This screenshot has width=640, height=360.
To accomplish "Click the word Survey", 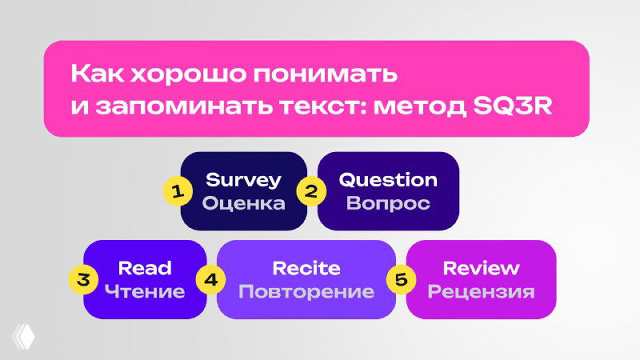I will tap(244, 179).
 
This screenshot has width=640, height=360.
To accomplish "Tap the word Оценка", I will tap(244, 203).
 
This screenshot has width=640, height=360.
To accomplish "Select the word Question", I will tap(388, 179).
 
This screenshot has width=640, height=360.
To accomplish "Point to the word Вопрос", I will tap(388, 203).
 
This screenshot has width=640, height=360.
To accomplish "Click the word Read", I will tap(145, 267).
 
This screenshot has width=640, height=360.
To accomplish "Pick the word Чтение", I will tap(145, 291).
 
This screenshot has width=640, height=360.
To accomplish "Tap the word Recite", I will tap(306, 267).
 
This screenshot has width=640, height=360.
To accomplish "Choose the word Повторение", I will tap(306, 291).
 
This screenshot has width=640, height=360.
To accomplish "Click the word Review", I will tap(481, 267).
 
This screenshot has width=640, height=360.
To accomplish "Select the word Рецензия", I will tap(481, 291).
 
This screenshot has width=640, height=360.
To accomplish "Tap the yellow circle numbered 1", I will tap(178, 191).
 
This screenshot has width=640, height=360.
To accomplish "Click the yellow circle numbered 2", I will tap(312, 191).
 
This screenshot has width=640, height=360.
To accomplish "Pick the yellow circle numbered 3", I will tap(82, 279).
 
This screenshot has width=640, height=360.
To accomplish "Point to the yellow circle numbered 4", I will tap(210, 279).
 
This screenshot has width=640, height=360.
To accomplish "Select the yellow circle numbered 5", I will tap(401, 279).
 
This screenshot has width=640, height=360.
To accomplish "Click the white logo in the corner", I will tap(24, 335).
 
